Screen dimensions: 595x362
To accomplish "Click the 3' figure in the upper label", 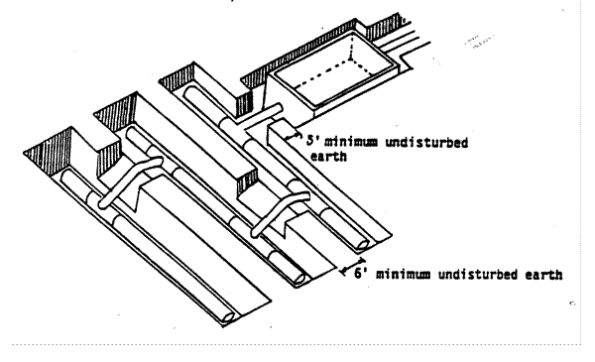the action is (313, 141).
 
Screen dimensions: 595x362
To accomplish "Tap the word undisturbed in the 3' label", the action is (426, 143).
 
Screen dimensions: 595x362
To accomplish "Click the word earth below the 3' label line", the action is (328, 156).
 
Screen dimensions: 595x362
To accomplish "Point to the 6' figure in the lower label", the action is (361, 273).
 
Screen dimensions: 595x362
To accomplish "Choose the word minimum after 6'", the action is (403, 274).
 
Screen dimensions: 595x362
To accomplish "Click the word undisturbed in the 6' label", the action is (478, 274).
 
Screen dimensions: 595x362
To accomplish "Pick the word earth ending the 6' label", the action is (543, 275).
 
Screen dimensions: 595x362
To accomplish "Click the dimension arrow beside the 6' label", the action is (352, 266).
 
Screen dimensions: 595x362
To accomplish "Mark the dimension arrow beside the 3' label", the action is (295, 136).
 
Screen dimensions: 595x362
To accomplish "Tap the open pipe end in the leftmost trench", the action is (228, 316).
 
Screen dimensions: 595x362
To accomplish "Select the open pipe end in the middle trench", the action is (299, 280).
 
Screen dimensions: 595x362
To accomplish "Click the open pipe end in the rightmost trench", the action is (362, 244).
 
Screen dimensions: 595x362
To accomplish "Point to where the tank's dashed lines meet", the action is (350, 59).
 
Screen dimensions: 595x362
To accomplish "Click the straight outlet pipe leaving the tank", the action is (259, 114).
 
